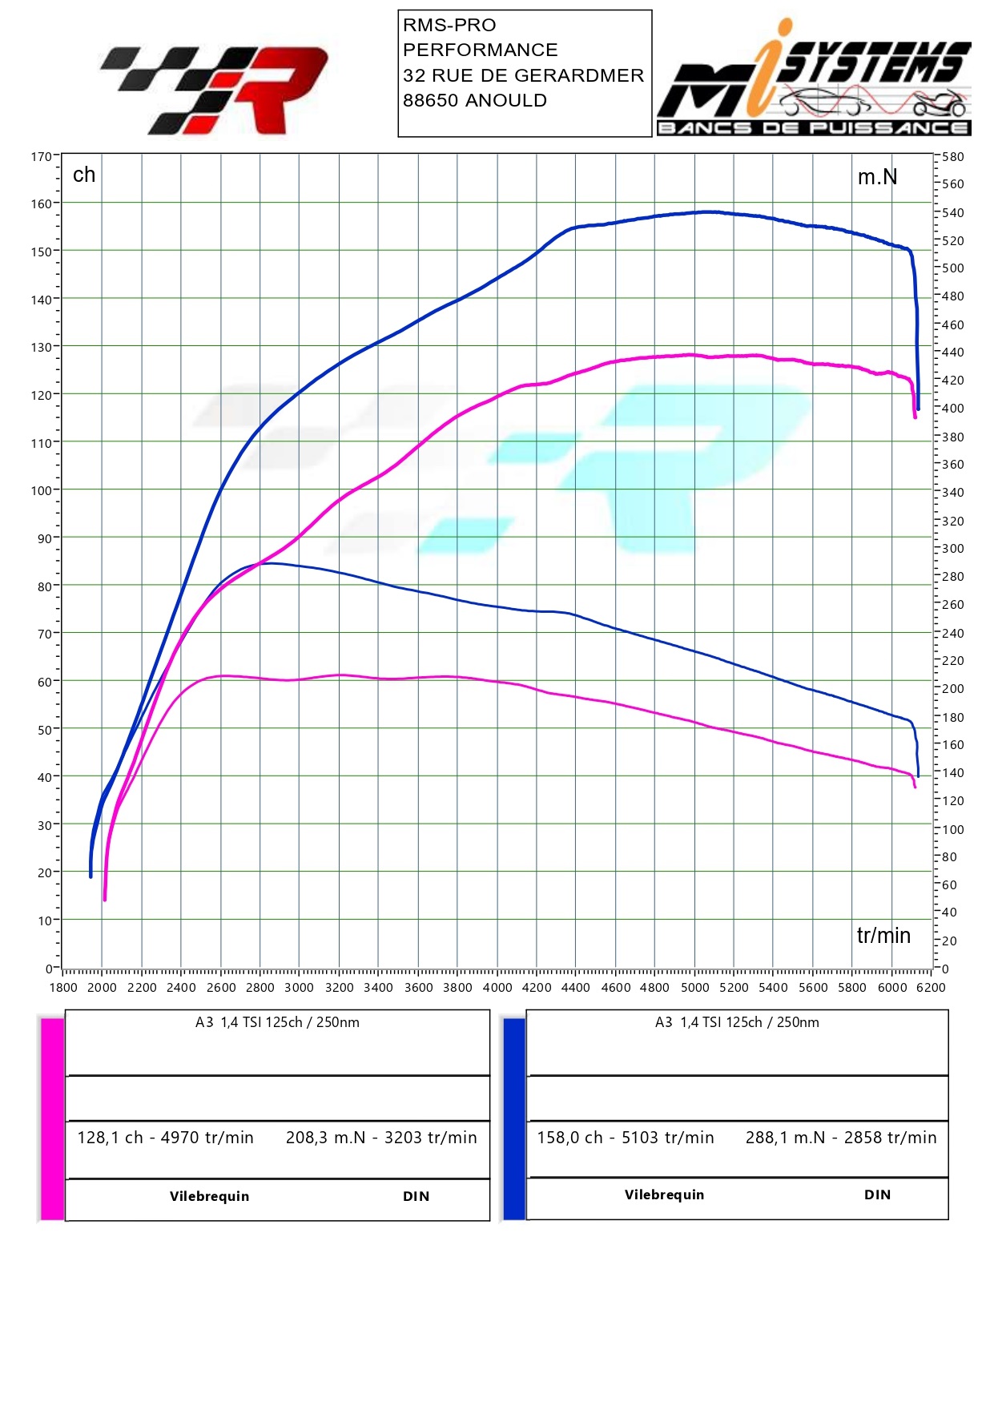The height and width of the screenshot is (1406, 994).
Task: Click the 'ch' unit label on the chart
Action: point(84,175)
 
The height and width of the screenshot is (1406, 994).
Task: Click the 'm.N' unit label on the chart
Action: point(877,177)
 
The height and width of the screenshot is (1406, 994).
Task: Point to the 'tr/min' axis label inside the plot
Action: point(883,936)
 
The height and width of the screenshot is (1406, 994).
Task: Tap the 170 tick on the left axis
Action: point(41,156)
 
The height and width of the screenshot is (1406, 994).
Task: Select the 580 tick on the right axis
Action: point(953,157)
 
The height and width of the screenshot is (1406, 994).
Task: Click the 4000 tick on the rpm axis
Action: point(497,988)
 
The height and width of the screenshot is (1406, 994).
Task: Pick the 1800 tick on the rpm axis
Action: point(63,988)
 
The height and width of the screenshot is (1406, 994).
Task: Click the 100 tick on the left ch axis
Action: point(41,490)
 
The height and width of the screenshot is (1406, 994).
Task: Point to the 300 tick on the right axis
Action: point(953,549)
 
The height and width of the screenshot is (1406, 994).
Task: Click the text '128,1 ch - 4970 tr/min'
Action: point(165,1138)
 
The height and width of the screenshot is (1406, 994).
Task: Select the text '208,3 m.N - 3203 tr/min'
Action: point(381,1138)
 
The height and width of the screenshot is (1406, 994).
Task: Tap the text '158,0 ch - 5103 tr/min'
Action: point(626,1138)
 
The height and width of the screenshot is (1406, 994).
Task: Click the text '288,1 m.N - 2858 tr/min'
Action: point(841,1138)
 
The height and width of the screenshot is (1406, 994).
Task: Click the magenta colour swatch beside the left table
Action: point(52,1118)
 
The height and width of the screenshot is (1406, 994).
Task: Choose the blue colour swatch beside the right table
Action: point(514,1118)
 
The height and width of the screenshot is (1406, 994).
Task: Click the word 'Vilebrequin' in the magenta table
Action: point(209,1196)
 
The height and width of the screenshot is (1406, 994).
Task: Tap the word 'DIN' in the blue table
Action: point(877,1194)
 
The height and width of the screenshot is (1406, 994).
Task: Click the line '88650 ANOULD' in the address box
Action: point(475,101)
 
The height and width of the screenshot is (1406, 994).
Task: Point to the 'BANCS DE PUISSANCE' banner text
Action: point(813,128)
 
